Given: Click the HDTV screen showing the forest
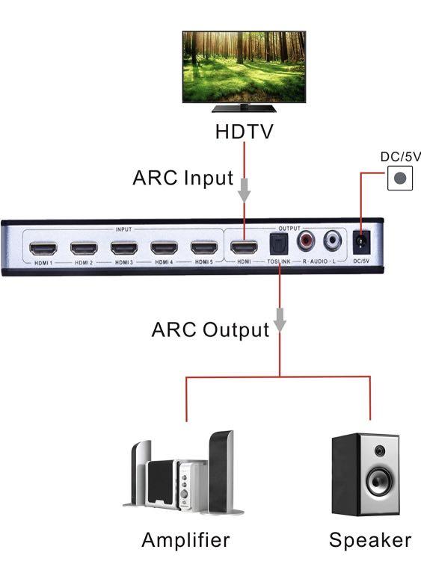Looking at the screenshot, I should pos(244,66).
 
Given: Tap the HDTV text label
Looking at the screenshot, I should pos(244,131).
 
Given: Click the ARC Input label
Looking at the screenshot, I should pos(182,179).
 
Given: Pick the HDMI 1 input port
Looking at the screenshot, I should pos(43,247).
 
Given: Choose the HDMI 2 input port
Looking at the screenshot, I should pos(84,247).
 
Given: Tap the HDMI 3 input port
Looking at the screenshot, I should pos(124,247).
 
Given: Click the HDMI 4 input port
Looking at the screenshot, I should pos(164,247).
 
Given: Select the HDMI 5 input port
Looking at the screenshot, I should pos(203,247).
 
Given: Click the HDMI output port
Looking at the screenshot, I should pos(244,247).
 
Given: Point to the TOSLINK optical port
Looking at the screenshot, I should pos(279,244).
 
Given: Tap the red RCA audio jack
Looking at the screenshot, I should pos(307,241).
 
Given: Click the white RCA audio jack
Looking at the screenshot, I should pos(333,241).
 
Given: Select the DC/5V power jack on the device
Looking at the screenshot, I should pos(361,243).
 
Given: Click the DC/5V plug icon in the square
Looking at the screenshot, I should pos(400,179).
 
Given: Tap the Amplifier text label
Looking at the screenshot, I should pos(185,539).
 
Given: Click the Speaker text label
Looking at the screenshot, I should pos(369,539).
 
